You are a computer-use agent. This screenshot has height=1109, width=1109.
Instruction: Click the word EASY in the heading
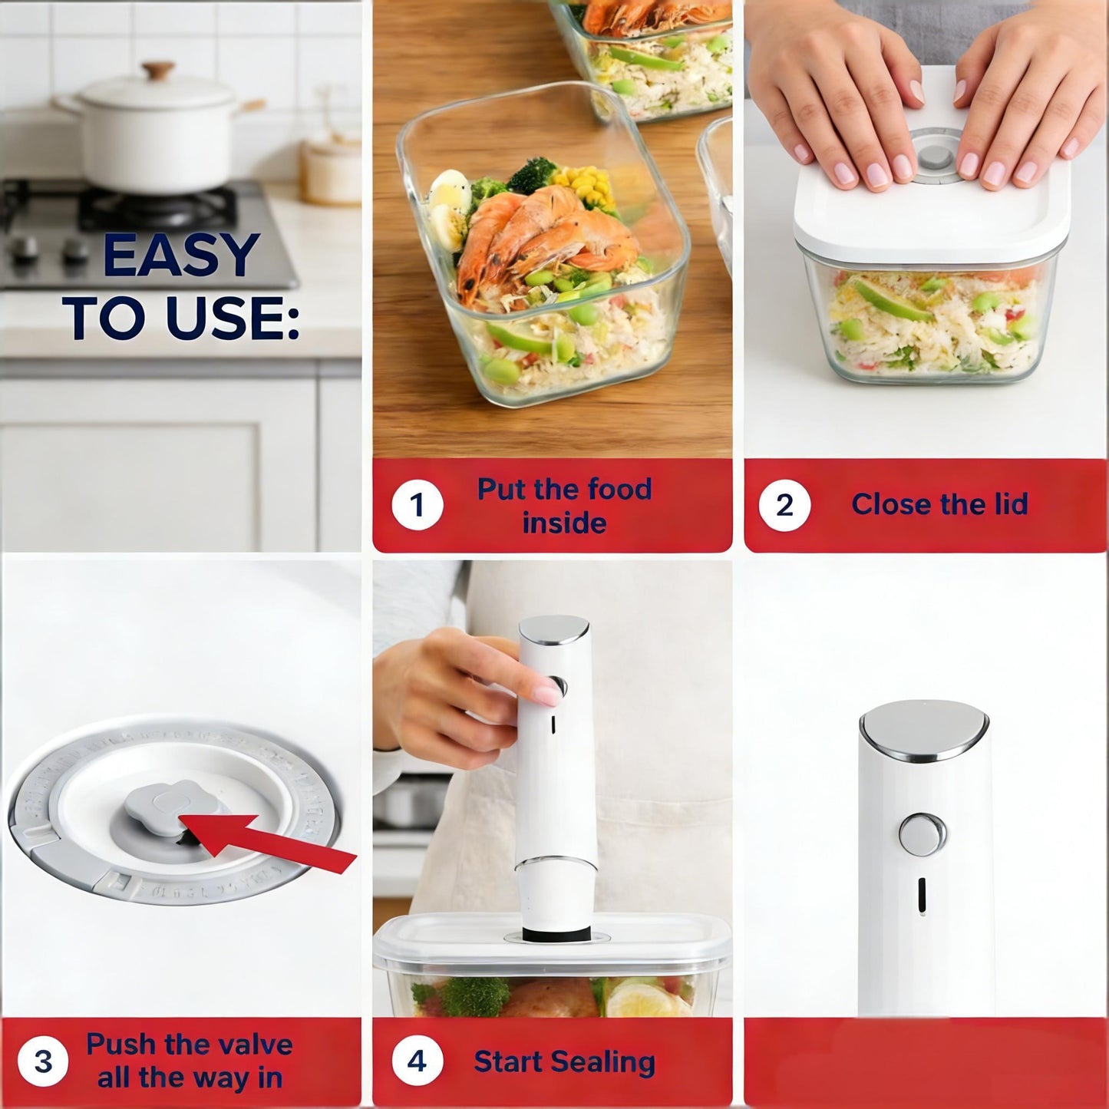tap(181, 256)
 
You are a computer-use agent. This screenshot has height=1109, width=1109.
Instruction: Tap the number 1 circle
tap(417, 505)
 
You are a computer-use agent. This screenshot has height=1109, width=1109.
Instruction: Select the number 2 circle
tap(784, 505)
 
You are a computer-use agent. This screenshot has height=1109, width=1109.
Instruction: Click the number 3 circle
tap(43, 1061)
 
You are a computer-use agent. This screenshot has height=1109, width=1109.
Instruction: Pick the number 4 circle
tap(417, 1061)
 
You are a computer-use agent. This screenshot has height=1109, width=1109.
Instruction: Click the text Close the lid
tap(939, 504)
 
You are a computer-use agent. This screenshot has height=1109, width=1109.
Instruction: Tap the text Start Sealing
tap(564, 1061)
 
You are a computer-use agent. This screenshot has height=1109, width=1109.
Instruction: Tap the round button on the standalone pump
tap(922, 834)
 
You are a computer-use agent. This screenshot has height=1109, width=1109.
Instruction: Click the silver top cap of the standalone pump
tap(923, 728)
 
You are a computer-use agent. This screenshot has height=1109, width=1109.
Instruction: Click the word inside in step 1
tap(564, 523)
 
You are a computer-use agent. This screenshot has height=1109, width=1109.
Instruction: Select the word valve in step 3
tap(249, 1045)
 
